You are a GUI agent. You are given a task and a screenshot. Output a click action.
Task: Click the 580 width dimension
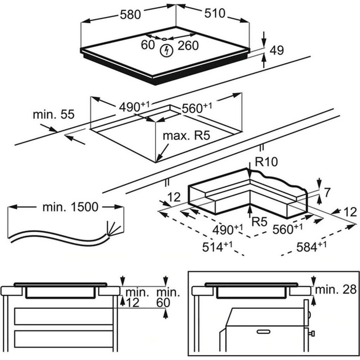pyautogui.click(x=130, y=15)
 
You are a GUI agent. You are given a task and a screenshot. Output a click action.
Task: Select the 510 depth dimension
pyautogui.click(x=215, y=13)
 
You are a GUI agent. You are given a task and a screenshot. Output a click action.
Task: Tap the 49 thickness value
pyautogui.click(x=277, y=50)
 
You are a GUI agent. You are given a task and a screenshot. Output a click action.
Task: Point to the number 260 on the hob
pyautogui.click(x=188, y=46)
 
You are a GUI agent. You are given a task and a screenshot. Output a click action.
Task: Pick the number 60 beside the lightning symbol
pyautogui.click(x=148, y=45)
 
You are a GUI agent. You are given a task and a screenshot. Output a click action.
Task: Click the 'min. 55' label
pyautogui.click(x=54, y=114)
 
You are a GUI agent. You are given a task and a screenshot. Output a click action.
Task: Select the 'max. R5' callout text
pyautogui.click(x=186, y=135)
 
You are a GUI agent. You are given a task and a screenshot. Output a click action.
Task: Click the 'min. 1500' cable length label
pyautogui.click(x=70, y=207)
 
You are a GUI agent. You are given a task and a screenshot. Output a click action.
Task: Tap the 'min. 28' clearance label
pyautogui.click(x=336, y=290)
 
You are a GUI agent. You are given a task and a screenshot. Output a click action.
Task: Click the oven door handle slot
pyautogui.click(x=264, y=332)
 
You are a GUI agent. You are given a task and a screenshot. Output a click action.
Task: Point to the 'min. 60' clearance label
pyautogui.click(x=168, y=298)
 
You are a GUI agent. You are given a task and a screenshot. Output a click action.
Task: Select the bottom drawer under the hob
pyautogui.click(x=64, y=339)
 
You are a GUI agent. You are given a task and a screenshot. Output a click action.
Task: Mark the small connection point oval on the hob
pyautogui.click(x=164, y=39)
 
